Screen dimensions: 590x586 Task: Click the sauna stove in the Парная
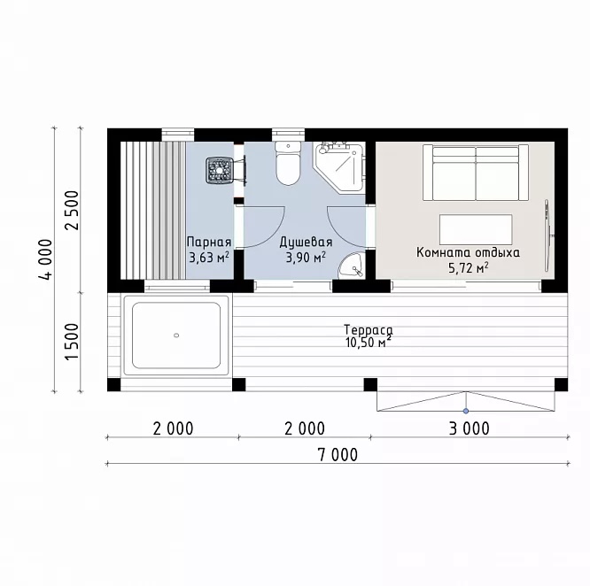coord(218,170)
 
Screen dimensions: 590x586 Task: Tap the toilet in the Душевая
coord(288,164)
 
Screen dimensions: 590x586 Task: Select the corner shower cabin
coord(339,168)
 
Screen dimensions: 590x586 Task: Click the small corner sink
coord(351,265)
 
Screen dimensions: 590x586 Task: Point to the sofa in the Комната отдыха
coord(476,173)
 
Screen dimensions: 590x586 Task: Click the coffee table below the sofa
coord(476,229)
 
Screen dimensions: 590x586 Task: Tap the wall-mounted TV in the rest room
coord(548,235)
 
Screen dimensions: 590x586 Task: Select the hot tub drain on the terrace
coord(176,335)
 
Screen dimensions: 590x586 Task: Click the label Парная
coord(209,242)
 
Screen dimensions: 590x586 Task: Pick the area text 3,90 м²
coord(306,258)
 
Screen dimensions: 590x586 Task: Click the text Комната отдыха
coord(468,252)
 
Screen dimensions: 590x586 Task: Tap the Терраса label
coord(369,330)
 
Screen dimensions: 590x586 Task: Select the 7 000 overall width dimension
coord(338,455)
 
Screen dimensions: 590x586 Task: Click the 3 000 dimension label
coord(470,428)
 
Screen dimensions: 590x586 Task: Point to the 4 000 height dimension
coord(45,259)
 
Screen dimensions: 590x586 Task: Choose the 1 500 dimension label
coord(72,342)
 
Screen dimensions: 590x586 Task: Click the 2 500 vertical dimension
coord(72,211)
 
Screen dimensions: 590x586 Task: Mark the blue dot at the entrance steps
coord(466,411)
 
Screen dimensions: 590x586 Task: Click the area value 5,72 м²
coord(469,268)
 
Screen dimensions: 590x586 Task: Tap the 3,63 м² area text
coord(209,258)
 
